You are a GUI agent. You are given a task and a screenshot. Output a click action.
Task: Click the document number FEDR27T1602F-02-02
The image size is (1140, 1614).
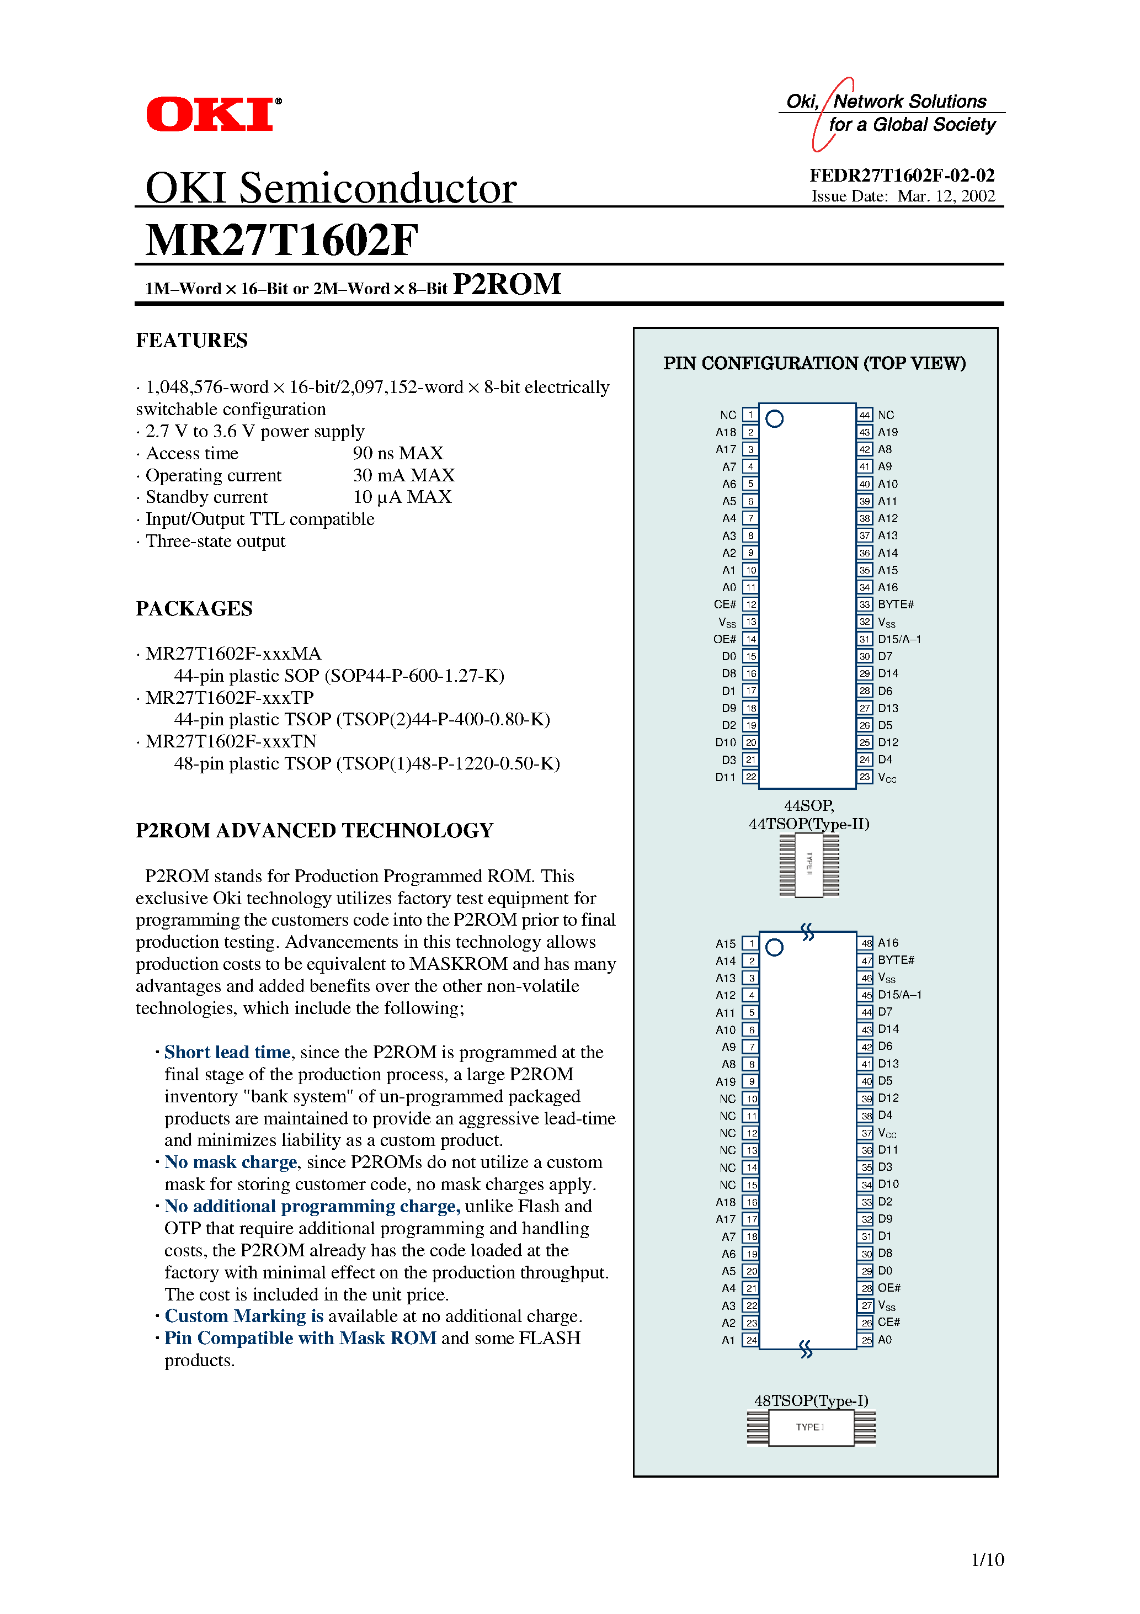(902, 175)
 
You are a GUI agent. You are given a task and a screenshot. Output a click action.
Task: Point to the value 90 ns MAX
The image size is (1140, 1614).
(398, 453)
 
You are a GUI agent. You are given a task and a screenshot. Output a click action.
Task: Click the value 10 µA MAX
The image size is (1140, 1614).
(402, 497)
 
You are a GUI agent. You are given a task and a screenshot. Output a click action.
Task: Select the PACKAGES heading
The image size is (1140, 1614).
(194, 609)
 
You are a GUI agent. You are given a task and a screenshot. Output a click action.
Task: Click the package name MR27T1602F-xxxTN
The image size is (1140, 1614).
(231, 742)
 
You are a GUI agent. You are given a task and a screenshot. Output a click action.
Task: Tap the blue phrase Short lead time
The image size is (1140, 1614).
(227, 1052)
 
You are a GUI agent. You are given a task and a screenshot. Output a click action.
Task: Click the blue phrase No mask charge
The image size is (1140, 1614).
(231, 1162)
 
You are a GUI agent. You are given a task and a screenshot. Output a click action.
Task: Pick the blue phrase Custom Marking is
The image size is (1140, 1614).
(244, 1316)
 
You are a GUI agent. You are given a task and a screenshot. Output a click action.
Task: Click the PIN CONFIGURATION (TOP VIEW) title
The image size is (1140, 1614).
(814, 363)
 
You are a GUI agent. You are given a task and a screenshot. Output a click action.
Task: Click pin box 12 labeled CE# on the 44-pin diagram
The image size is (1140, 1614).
(750, 604)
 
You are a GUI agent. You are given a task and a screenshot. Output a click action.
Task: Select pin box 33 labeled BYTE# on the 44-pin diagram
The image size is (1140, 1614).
(865, 604)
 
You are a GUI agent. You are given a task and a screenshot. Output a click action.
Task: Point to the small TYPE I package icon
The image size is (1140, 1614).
(811, 1428)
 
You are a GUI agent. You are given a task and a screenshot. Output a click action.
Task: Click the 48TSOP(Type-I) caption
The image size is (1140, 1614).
(811, 1400)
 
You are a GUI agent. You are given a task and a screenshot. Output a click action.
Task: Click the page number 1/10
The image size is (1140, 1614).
(987, 1560)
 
